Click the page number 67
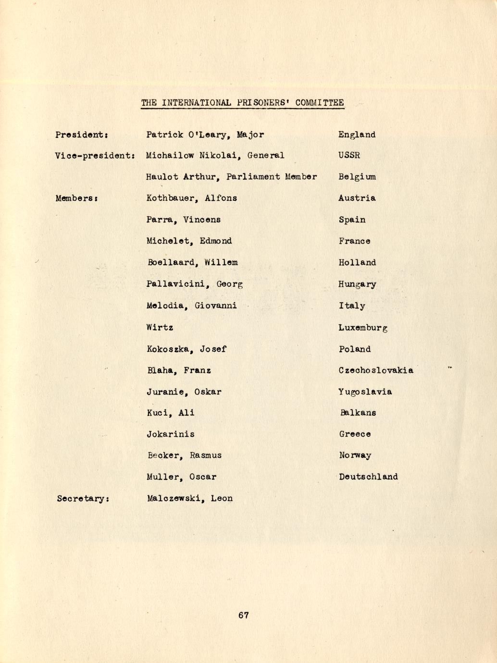(x=243, y=615)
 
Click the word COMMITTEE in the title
(x=320, y=103)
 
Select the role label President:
(x=81, y=135)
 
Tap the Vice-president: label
(x=95, y=156)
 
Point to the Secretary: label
(x=83, y=499)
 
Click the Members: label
(x=77, y=198)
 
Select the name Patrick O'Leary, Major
(x=205, y=135)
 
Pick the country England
(x=357, y=135)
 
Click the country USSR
(x=349, y=156)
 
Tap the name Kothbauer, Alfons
(x=191, y=198)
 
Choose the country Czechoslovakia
(x=375, y=370)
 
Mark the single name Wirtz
(x=160, y=328)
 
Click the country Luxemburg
(x=363, y=328)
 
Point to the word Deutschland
(x=368, y=477)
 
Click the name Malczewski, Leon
(x=190, y=499)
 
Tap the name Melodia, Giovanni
(x=191, y=306)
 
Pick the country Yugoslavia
(x=365, y=392)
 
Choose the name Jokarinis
(x=171, y=434)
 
